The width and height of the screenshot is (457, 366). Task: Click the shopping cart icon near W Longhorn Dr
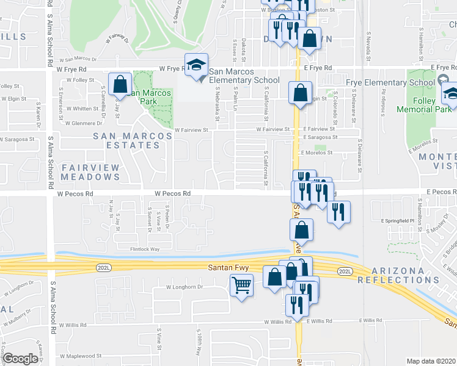pos(242,284)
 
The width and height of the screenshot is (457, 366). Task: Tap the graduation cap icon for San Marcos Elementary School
pos(197,65)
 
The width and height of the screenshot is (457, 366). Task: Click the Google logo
pos(20,359)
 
